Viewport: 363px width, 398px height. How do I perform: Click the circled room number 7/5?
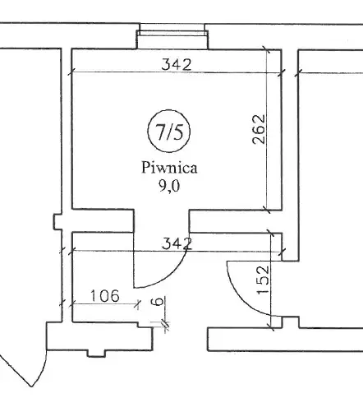pyautogui.click(x=169, y=131)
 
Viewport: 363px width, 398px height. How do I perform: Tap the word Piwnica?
pyautogui.click(x=169, y=168)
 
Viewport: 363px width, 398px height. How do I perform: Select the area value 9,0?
pyautogui.click(x=169, y=187)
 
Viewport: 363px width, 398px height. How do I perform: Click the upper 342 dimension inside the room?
pyautogui.click(x=177, y=65)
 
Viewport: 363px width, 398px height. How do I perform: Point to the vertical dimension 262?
pyautogui.click(x=259, y=129)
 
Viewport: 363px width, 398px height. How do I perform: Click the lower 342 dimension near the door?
pyautogui.click(x=177, y=243)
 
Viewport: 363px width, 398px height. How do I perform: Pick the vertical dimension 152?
pyautogui.click(x=264, y=280)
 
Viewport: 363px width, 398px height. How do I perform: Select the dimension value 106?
pyautogui.click(x=105, y=296)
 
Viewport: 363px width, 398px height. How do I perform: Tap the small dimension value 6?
pyautogui.click(x=158, y=302)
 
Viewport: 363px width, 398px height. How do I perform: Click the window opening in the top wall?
pyautogui.click(x=172, y=36)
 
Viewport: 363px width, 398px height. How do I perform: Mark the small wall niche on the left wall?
pyautogui.click(x=57, y=222)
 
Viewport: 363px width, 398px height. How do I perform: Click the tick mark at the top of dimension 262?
pyautogui.click(x=266, y=49)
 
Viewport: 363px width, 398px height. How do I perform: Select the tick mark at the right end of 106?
pyautogui.click(x=138, y=303)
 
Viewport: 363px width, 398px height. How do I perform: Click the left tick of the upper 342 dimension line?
pyautogui.click(x=71, y=72)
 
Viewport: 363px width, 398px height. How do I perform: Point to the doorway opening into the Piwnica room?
pyautogui.click(x=161, y=221)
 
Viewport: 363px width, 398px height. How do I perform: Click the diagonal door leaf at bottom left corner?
pyautogui.click(x=16, y=368)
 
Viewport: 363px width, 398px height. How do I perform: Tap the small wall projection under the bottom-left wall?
pyautogui.click(x=96, y=354)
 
